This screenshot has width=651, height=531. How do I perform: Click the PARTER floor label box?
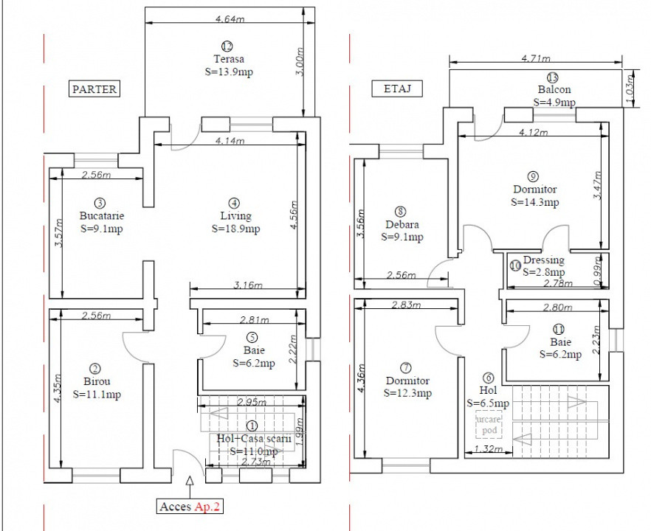(x=94, y=89)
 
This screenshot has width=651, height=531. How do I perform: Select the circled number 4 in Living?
(x=234, y=203)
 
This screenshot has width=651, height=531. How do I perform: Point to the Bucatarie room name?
(x=102, y=216)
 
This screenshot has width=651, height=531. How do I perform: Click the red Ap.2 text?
(x=207, y=507)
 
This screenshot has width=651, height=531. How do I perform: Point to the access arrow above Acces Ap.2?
(x=190, y=483)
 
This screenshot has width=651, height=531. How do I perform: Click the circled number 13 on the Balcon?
(x=552, y=78)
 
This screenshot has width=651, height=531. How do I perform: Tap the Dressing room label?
(x=543, y=260)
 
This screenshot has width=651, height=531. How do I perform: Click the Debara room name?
(x=402, y=224)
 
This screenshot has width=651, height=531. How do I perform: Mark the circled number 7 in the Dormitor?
(x=405, y=367)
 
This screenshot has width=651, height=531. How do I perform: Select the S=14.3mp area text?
(x=535, y=201)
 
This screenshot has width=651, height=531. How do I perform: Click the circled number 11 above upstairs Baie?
(x=559, y=329)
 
